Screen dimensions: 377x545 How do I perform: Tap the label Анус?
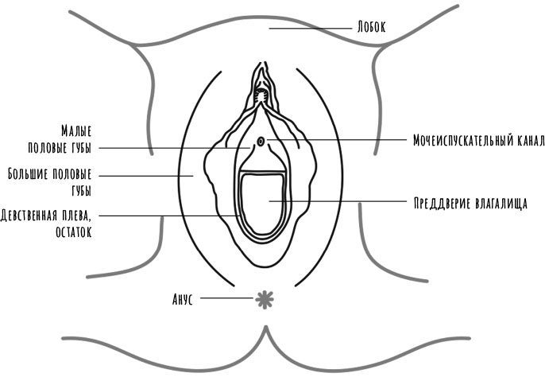pyautogui.click(x=184, y=300)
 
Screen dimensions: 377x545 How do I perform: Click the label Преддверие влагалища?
pyautogui.click(x=471, y=202)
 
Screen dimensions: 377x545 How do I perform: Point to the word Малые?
pyautogui.click(x=76, y=130)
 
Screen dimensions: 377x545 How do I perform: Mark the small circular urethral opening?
pyautogui.click(x=262, y=142)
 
